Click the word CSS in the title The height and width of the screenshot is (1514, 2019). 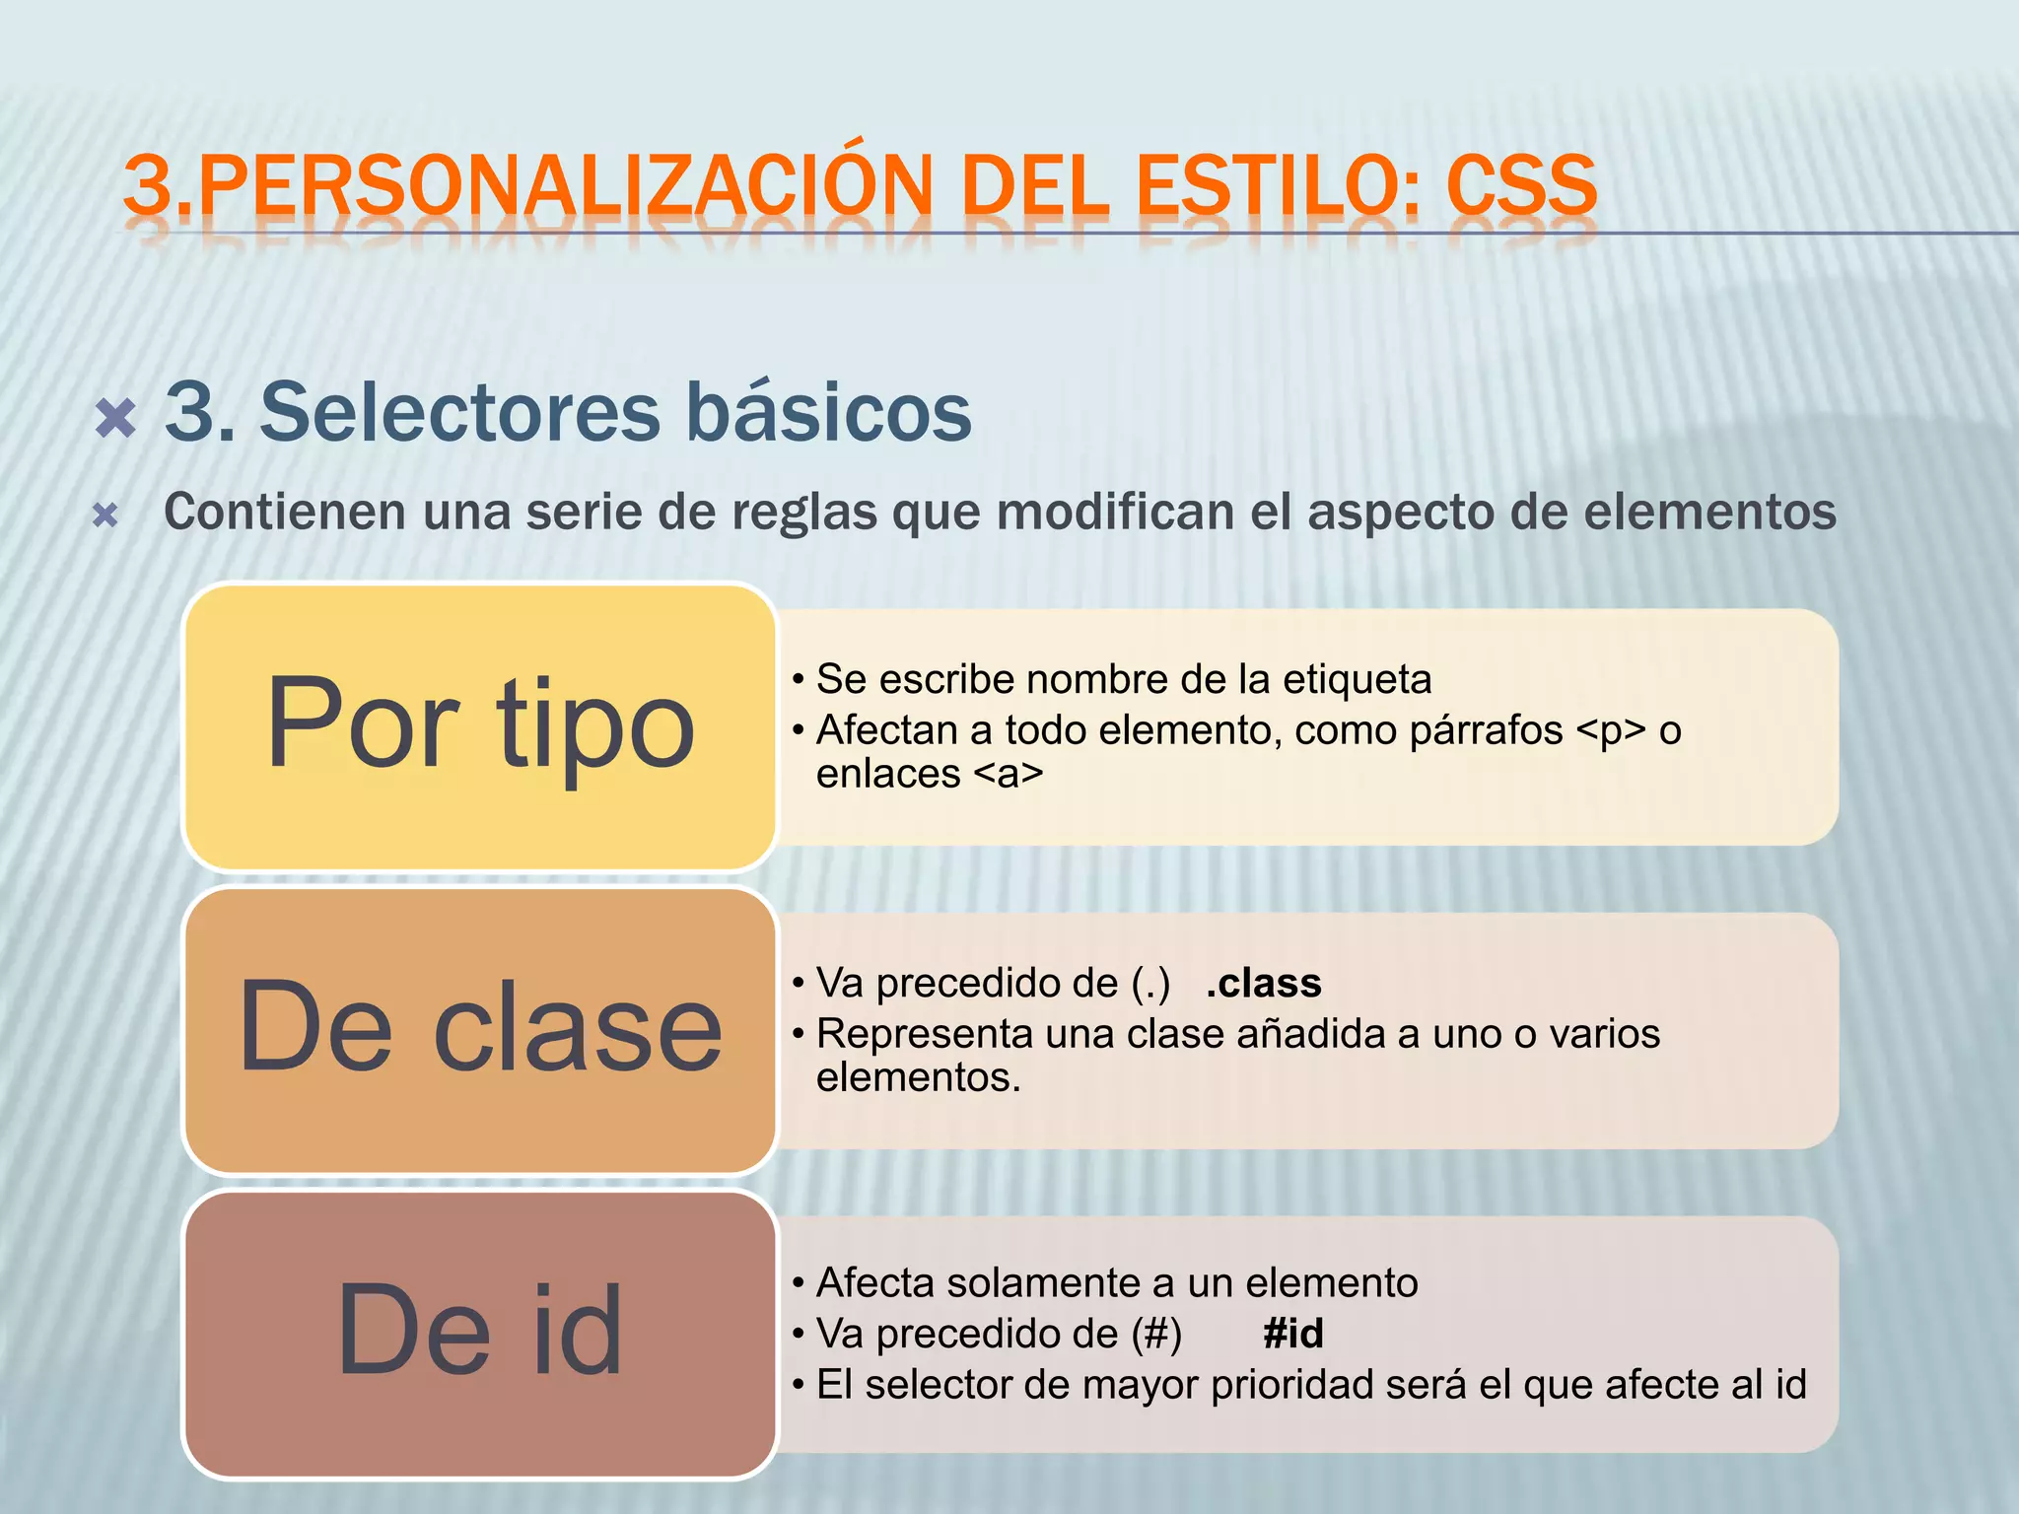[1520, 185]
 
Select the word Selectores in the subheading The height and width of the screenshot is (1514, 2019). [461, 412]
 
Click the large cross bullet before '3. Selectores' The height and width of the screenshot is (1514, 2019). [116, 418]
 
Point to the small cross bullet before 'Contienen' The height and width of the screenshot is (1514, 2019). [105, 516]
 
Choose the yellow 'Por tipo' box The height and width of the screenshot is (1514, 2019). [480, 726]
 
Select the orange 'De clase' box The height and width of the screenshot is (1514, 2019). [480, 1029]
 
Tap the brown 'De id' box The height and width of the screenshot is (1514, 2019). [480, 1333]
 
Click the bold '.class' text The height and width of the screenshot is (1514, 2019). [1263, 983]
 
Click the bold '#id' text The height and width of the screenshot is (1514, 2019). [1292, 1334]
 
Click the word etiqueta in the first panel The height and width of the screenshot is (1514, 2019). [1357, 679]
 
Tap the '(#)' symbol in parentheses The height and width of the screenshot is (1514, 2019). [1155, 1335]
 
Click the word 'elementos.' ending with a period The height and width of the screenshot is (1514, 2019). [919, 1077]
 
